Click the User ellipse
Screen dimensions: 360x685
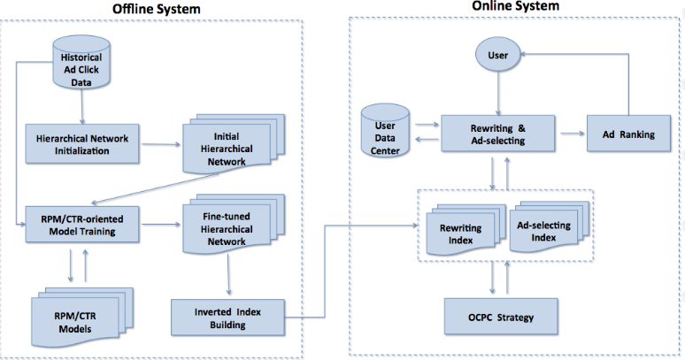tap(498, 55)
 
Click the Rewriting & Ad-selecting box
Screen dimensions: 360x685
tap(498, 134)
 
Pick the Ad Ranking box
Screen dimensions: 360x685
tap(630, 134)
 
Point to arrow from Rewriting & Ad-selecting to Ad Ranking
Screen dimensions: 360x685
tap(570, 134)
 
